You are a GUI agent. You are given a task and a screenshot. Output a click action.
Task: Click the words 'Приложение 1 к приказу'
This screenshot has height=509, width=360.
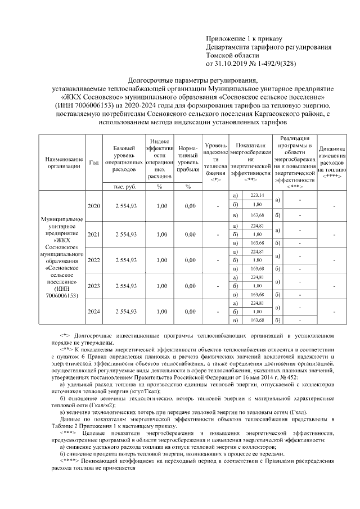pos(243,39)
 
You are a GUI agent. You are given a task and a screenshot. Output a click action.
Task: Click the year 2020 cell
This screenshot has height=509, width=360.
pos(94,206)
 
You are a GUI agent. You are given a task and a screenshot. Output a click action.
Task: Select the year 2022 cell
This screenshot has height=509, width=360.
pos(94,260)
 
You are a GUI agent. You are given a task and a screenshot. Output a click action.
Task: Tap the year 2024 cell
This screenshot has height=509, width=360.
pos(94,312)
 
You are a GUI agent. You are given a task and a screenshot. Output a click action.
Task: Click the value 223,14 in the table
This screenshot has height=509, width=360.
pos(257,195)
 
